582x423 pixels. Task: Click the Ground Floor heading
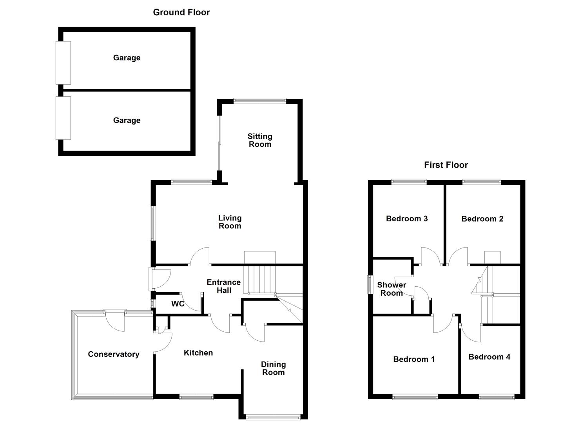(x=181, y=12)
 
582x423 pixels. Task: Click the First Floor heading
(x=446, y=165)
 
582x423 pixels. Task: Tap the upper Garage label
(x=127, y=58)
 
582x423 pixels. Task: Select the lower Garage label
(x=127, y=120)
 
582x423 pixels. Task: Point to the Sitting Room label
(x=259, y=140)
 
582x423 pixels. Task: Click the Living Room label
(x=230, y=222)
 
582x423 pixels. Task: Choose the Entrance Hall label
(x=223, y=286)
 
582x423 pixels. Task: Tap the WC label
(x=178, y=304)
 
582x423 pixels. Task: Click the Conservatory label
(x=113, y=354)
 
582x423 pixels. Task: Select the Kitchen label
(x=198, y=353)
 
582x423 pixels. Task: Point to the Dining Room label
(x=273, y=368)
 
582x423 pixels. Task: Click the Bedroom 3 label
(x=406, y=219)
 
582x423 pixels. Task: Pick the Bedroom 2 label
(x=482, y=219)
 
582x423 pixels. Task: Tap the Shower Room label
(x=391, y=289)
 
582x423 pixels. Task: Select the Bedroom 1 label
(x=414, y=359)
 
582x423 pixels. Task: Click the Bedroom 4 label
(x=489, y=357)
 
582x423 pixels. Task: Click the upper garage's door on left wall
(x=63, y=63)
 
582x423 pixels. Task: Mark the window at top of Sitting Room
(x=259, y=101)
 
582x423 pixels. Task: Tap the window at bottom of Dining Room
(x=273, y=417)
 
